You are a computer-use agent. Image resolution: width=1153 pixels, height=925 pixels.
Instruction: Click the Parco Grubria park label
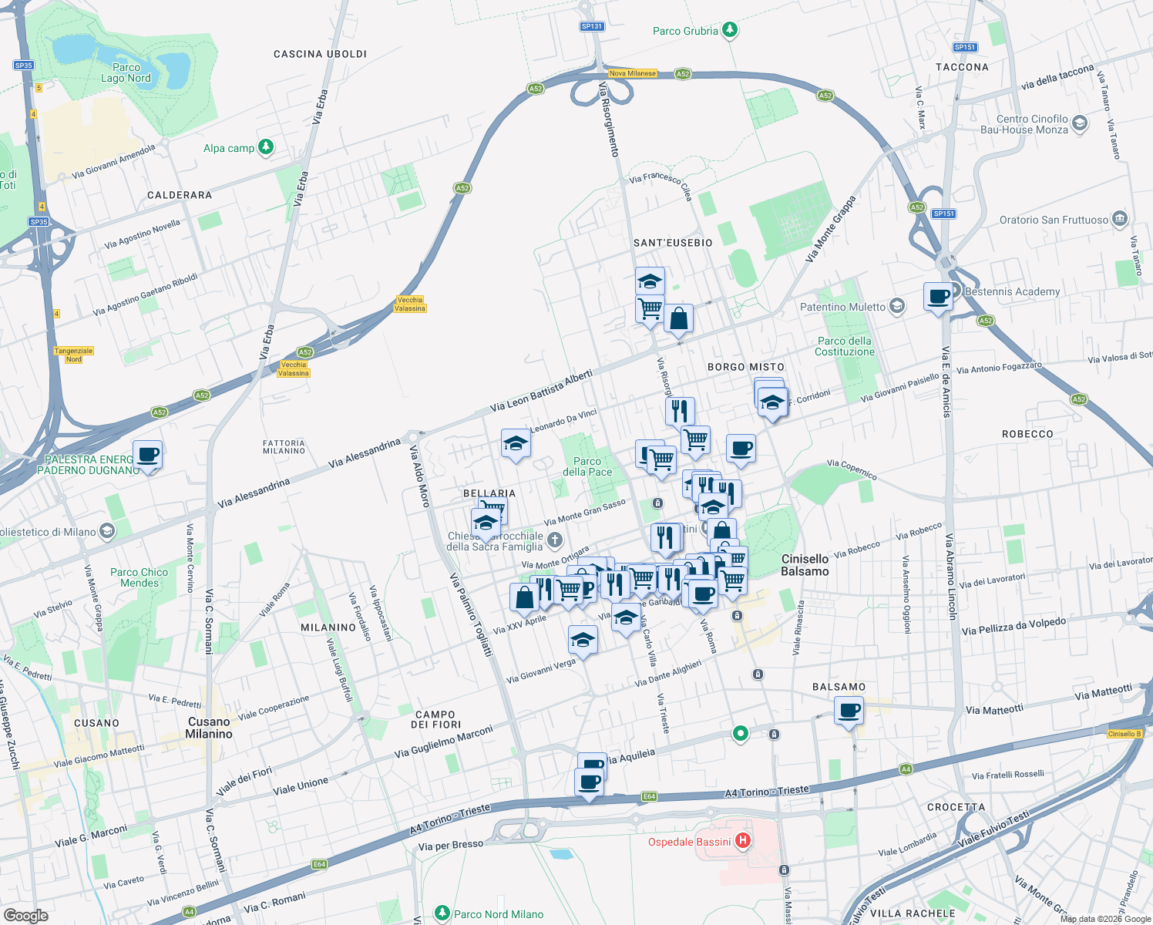point(685,31)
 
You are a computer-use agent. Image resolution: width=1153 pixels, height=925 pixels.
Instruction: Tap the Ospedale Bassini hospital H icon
point(742,840)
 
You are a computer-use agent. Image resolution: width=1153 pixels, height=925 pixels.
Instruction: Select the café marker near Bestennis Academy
point(938,296)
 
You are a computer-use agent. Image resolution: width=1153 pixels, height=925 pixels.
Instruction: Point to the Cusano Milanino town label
point(209,728)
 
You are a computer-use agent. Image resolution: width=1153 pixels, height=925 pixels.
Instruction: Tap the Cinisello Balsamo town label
point(805,565)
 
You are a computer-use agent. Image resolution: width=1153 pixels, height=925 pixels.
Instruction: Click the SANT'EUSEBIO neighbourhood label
point(673,243)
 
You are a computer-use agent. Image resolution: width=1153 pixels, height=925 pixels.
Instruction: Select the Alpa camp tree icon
point(266,146)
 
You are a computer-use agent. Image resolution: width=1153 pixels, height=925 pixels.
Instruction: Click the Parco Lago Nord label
point(126,72)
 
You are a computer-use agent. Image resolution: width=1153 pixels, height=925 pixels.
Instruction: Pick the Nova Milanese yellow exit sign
point(632,74)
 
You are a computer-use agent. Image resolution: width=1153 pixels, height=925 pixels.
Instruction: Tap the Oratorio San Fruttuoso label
point(1054,220)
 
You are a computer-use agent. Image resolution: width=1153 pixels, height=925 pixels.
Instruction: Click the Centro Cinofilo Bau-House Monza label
point(1032,124)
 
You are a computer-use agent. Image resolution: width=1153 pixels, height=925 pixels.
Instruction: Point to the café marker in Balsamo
point(849,710)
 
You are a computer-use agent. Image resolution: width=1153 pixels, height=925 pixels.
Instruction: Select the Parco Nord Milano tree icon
point(442,913)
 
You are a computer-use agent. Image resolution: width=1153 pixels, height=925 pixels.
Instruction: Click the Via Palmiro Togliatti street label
point(471,615)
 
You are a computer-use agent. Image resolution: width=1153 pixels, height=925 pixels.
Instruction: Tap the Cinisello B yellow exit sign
point(1124,734)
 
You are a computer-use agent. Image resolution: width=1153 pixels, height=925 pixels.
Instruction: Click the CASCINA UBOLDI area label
point(320,54)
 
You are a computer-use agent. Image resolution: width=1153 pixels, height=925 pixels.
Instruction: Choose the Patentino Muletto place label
point(842,307)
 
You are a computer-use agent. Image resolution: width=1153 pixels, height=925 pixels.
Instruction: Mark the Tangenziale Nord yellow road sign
point(73,355)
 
